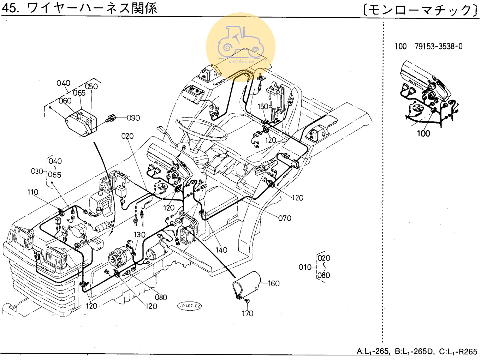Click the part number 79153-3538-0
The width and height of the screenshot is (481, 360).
pyautogui.click(x=438, y=47)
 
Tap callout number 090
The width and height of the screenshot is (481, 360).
pyautogui.click(x=133, y=118)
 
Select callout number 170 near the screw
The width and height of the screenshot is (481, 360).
pyautogui.click(x=247, y=313)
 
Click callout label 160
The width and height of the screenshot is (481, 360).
pyautogui.click(x=274, y=283)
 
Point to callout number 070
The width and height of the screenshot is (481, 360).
pyautogui.click(x=285, y=218)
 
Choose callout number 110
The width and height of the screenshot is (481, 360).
pyautogui.click(x=33, y=192)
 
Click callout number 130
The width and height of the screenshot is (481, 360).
pyautogui.click(x=139, y=235)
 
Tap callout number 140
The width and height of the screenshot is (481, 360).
pyautogui.click(x=221, y=250)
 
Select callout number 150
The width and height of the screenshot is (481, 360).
pyautogui.click(x=263, y=107)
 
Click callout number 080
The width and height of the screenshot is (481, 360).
pyautogui.click(x=161, y=297)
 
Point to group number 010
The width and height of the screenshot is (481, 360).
pyautogui.click(x=305, y=267)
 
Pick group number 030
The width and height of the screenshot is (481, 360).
pyautogui.click(x=37, y=172)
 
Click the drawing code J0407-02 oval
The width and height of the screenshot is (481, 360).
pyautogui.click(x=190, y=306)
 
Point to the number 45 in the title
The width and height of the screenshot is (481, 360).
pyautogui.click(x=11, y=8)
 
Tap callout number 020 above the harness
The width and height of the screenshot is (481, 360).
pyautogui.click(x=127, y=136)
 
